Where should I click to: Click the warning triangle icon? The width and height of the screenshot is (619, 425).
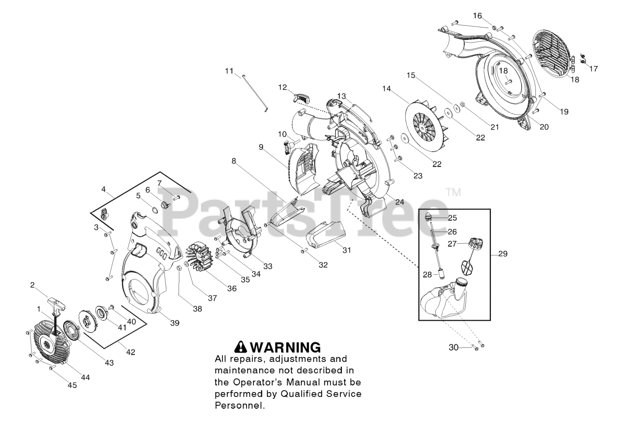pos(241,347)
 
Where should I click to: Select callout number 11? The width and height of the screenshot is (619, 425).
pos(229,71)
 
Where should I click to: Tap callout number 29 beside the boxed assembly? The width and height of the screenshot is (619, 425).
pos(502,253)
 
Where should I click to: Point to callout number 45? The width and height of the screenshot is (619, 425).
pos(72,385)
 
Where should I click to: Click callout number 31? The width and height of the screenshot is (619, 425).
pos(346,250)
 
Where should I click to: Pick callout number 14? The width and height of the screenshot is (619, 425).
pos(386,88)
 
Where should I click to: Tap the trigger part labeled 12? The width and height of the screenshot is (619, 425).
pos(300,97)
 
